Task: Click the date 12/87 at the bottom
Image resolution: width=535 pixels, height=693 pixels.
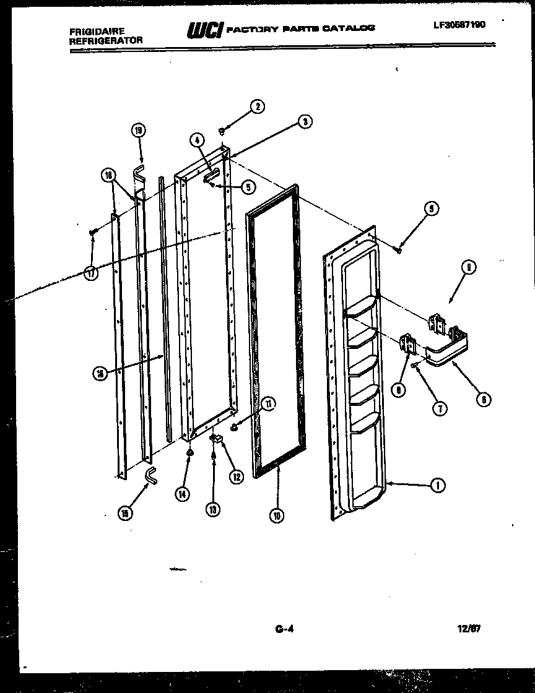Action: [x=469, y=629]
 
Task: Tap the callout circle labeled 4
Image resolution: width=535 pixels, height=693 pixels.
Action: [x=198, y=140]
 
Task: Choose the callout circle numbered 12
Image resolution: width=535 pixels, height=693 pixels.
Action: [x=235, y=476]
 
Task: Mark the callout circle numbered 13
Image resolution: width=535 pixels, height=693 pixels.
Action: [x=213, y=509]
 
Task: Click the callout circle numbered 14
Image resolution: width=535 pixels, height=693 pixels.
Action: [x=182, y=494]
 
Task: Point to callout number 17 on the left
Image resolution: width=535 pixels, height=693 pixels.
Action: [x=91, y=273]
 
